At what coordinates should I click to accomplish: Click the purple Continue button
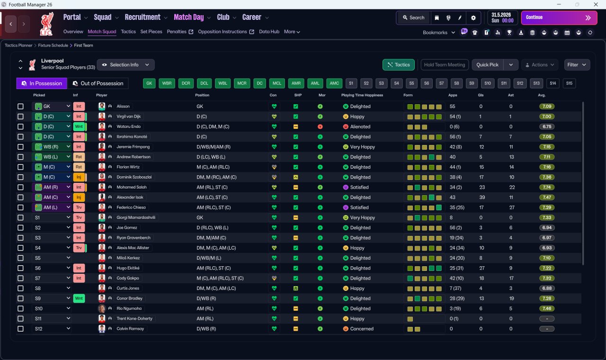(559, 18)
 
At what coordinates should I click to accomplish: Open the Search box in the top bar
(413, 18)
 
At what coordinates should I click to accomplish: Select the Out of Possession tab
(98, 83)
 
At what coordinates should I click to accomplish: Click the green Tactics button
(399, 65)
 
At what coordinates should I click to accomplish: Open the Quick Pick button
(487, 65)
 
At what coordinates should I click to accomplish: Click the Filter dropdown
(577, 65)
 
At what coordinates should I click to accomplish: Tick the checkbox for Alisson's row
(20, 107)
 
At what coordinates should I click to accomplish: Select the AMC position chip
(334, 83)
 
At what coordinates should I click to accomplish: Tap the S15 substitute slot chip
(569, 83)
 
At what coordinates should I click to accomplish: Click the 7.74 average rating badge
(547, 187)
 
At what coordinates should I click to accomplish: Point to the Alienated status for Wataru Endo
(360, 126)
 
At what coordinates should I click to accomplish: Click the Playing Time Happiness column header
(362, 95)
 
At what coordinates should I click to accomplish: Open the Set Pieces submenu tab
(151, 32)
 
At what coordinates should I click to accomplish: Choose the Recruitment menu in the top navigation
(143, 18)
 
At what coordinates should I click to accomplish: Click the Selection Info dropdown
(126, 65)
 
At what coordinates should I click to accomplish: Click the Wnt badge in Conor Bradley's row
(79, 298)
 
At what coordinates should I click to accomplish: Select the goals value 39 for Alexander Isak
(482, 198)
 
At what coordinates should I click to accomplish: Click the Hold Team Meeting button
(445, 65)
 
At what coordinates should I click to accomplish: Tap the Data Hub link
(269, 32)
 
